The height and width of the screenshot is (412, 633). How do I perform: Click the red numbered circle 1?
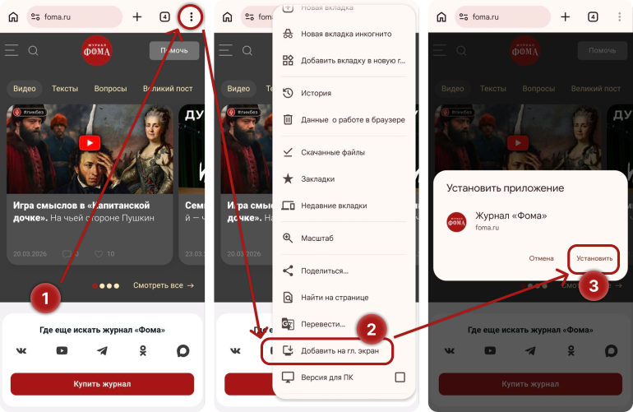46,299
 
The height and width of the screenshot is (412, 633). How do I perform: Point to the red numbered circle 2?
371,329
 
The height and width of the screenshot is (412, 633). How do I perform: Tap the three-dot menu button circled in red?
191,16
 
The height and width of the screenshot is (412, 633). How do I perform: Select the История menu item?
316,93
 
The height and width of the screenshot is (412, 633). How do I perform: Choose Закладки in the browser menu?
317,178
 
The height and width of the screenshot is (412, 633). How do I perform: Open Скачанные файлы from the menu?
332,152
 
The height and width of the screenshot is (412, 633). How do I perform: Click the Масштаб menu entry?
316,238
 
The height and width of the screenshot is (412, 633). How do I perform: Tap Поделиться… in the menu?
324,270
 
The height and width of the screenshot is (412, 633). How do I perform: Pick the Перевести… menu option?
323,323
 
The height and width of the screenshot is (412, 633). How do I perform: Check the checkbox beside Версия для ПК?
400,377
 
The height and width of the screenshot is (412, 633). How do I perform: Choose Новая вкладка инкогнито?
345,34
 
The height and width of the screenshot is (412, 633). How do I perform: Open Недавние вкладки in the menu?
333,206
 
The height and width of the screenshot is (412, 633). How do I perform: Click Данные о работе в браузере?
352,119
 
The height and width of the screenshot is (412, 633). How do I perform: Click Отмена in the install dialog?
541,258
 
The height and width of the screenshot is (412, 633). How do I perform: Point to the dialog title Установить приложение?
505,188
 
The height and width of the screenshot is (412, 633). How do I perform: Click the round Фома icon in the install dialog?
456,220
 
